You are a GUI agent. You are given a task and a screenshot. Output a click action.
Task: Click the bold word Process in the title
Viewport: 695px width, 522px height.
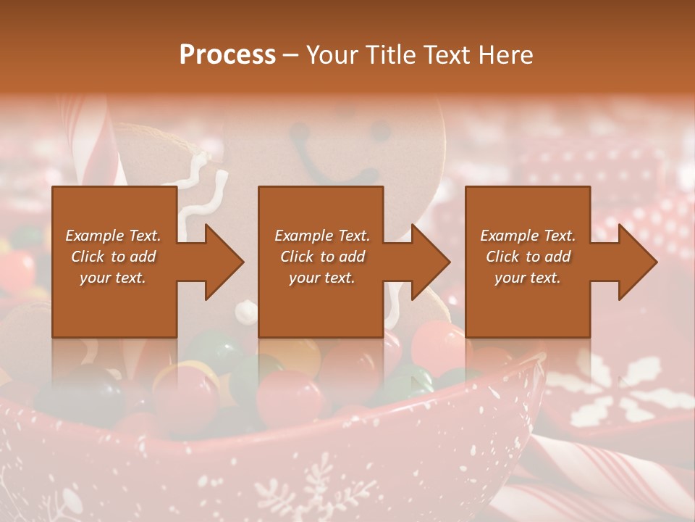click(227, 55)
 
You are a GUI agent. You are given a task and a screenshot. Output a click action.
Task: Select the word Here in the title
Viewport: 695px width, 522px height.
click(506, 55)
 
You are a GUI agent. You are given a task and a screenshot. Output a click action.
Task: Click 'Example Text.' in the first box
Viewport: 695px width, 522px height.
click(113, 236)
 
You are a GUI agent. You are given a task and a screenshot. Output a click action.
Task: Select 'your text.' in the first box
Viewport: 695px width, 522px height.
click(113, 278)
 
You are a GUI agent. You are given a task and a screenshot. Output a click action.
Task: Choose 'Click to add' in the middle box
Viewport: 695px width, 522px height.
click(322, 257)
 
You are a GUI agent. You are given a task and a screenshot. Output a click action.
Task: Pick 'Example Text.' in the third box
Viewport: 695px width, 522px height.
click(528, 236)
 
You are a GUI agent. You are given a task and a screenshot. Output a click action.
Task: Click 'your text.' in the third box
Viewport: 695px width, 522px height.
click(528, 278)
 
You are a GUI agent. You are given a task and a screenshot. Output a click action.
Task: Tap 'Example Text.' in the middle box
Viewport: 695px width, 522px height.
click(322, 236)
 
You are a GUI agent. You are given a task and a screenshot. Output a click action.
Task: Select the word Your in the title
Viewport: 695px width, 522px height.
click(330, 55)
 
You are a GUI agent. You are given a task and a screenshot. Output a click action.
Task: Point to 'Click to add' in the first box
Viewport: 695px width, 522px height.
click(113, 257)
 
